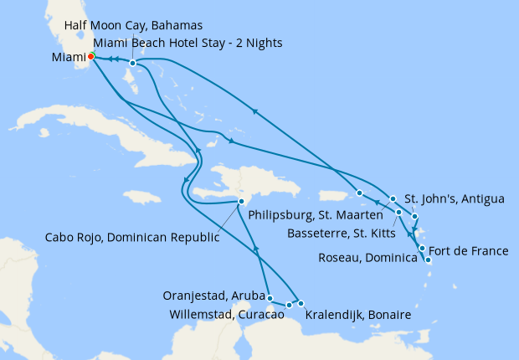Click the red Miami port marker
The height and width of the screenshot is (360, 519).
coord(91,57)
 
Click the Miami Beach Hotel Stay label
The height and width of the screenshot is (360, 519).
coord(188,43)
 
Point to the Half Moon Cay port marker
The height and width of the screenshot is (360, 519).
coord(132,63)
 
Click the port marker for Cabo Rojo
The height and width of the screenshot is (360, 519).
coord(241,202)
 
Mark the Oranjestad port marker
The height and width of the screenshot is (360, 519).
coord(270,297)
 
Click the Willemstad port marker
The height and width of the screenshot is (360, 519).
coord(289,305)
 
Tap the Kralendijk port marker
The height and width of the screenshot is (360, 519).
coord(301,303)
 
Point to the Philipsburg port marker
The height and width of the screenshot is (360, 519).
coord(359,193)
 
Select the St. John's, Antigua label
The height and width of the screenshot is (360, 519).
coord(455,199)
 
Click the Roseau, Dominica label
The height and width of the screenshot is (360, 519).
coord(367,259)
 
